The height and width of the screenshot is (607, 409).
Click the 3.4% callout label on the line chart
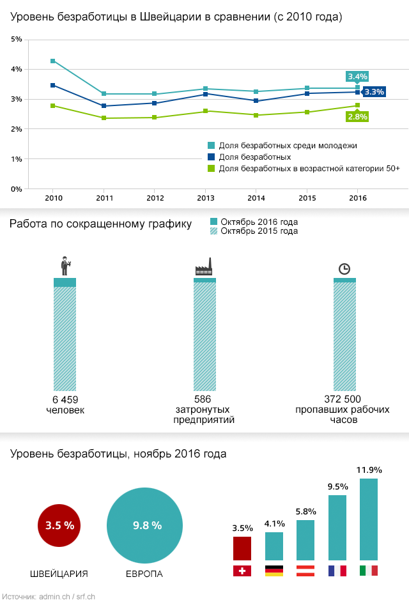coord(357,77)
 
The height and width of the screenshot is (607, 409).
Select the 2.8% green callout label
coord(357,116)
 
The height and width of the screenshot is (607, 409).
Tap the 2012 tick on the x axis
coord(154,199)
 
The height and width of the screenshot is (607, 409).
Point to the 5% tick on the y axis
coord(17,39)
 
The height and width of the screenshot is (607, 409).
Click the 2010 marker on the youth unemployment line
coord(53,61)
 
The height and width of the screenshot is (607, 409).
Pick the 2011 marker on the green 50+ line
coord(104,118)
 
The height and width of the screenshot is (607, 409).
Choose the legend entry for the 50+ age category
coord(304,168)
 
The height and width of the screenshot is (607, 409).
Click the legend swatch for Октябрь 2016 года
coord(214,222)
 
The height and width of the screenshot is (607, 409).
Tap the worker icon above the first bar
coord(65,266)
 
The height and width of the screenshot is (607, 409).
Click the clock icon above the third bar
coord(344,268)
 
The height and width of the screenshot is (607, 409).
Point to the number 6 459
coord(65,400)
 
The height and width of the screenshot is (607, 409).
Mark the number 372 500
coord(343,400)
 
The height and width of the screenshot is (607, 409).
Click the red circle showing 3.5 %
coord(59,526)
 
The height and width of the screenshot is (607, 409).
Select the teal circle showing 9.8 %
coord(147,526)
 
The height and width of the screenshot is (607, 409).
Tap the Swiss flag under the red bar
coord(242,571)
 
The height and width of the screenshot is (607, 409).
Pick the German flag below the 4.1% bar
coord(274,571)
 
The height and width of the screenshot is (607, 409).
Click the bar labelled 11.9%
coord(369,519)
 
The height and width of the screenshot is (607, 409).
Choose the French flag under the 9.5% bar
coord(337,571)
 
